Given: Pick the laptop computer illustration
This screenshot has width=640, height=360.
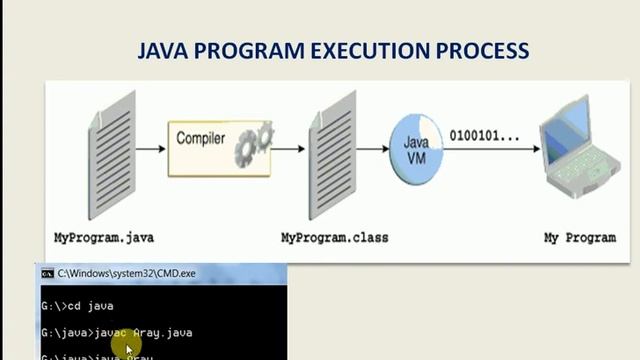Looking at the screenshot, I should (580, 150).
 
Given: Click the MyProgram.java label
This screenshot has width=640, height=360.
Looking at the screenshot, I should (104, 238).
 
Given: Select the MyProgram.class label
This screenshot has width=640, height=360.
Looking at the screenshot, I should (334, 238).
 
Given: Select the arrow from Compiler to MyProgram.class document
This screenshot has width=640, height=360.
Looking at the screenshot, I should (288, 150).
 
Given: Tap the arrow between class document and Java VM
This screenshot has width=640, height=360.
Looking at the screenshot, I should (372, 150).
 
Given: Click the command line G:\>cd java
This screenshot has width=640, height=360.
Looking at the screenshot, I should (77, 306).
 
